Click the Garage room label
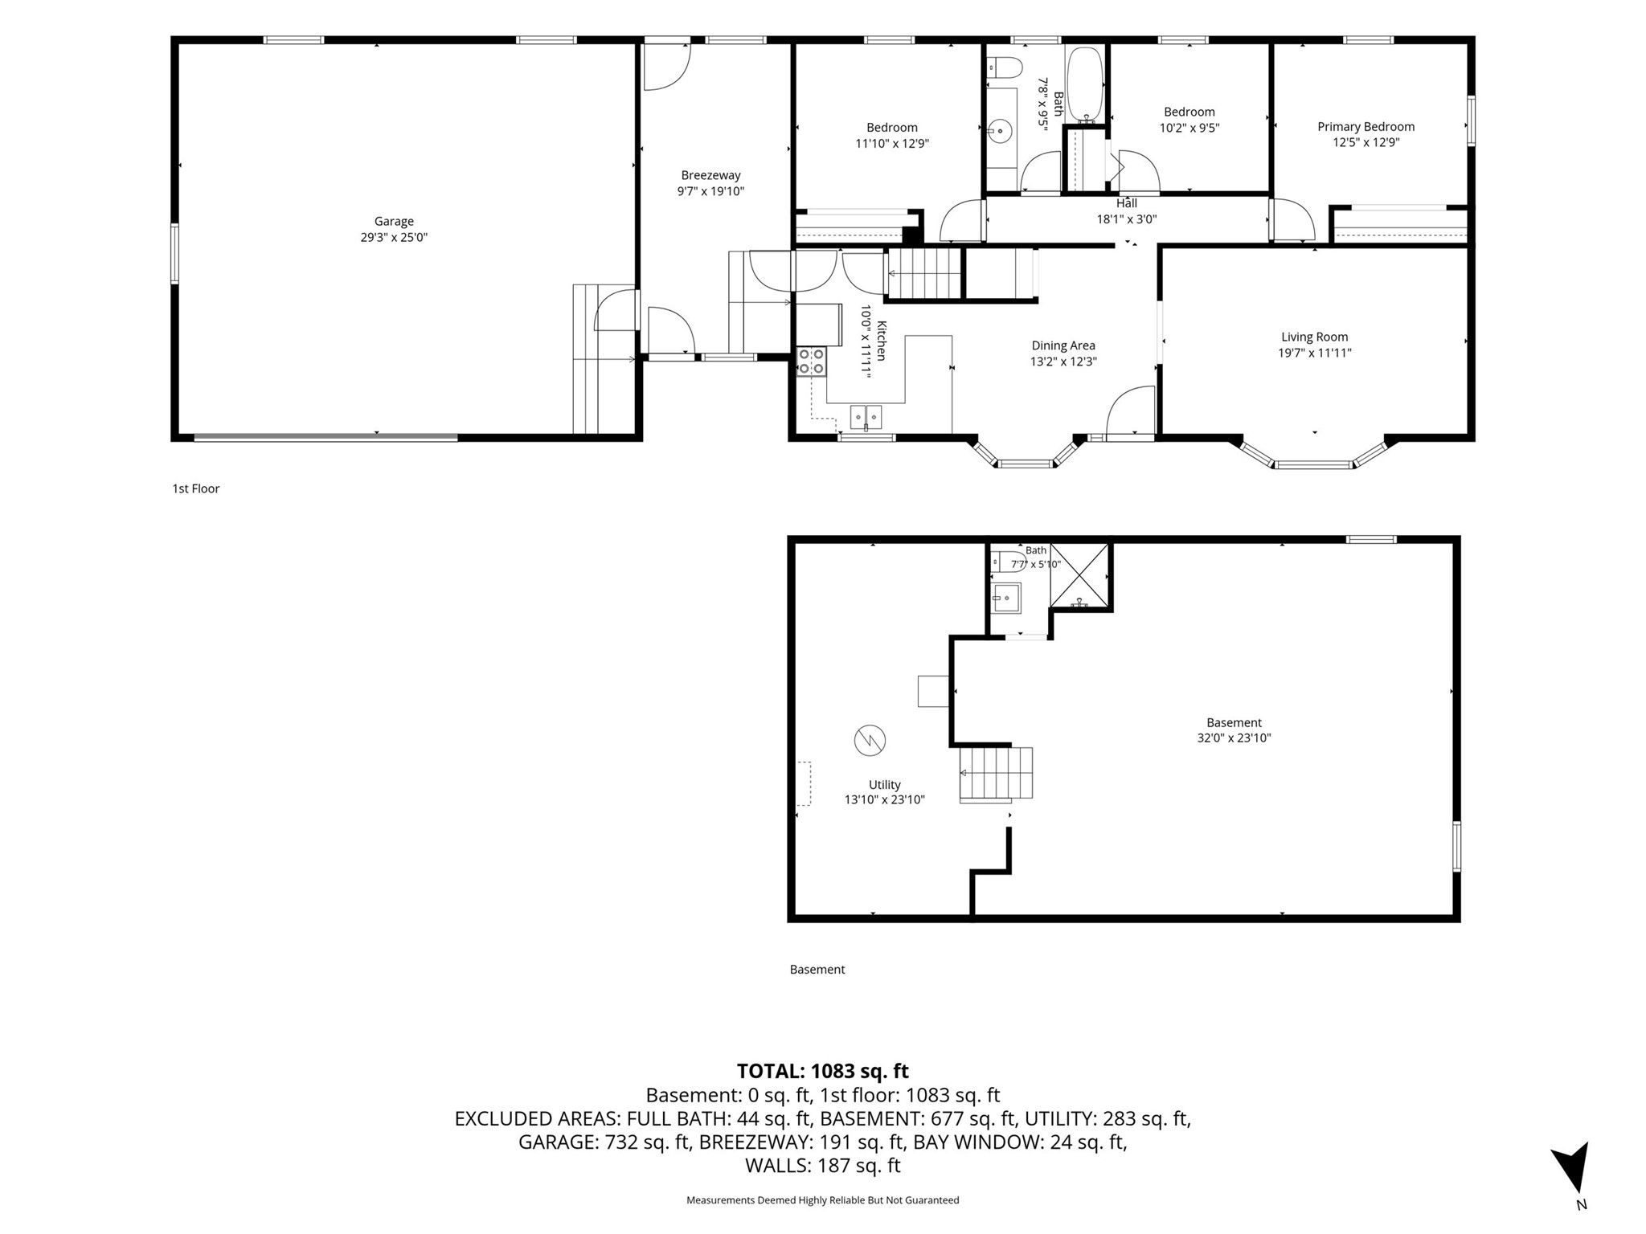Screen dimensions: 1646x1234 (394, 222)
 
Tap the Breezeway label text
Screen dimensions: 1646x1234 (710, 175)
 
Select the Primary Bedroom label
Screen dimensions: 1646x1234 (1366, 127)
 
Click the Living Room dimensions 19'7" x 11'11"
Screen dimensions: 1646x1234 (1315, 353)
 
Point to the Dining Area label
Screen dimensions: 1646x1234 (1063, 346)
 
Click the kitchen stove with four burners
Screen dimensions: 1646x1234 (811, 362)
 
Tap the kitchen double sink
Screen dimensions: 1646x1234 (866, 418)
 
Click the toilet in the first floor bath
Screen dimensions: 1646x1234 (1004, 67)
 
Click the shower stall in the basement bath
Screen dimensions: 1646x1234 (1079, 575)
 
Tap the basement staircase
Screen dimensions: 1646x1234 (996, 773)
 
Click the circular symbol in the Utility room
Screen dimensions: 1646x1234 (870, 740)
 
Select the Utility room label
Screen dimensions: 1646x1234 (885, 785)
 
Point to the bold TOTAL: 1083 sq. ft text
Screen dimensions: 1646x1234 (823, 1071)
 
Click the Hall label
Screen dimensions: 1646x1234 (1127, 203)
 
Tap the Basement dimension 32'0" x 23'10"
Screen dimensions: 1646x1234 (1234, 738)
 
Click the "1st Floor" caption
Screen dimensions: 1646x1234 (196, 488)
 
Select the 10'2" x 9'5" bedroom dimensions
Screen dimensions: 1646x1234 (1189, 128)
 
